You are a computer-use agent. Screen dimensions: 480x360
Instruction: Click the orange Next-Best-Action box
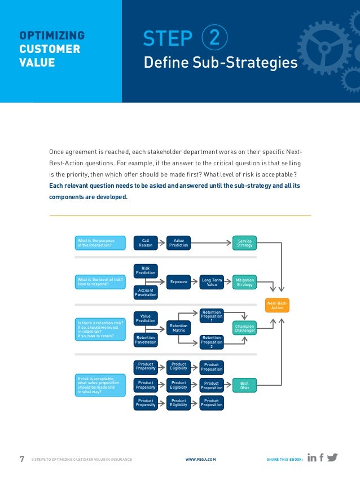point(277,305)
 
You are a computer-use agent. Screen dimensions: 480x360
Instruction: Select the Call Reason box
point(146,243)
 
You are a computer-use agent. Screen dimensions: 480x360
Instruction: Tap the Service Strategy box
point(244,243)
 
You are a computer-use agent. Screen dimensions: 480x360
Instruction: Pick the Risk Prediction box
point(146,271)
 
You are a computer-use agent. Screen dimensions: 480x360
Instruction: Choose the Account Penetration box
point(146,292)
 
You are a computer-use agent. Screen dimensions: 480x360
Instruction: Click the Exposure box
point(179,281)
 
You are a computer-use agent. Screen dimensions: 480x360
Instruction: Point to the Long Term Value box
point(212,281)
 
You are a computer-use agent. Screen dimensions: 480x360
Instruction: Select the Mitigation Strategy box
point(244,281)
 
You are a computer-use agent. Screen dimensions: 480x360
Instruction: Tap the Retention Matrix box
point(179,328)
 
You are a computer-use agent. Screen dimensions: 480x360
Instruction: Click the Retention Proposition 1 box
point(212,316)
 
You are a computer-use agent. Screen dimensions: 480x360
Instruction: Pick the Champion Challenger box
point(244,328)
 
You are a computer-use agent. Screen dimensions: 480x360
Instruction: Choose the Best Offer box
point(244,385)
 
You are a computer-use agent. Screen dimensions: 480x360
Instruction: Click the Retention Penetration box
point(146,339)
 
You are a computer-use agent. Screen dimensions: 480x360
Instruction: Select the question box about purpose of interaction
point(99,243)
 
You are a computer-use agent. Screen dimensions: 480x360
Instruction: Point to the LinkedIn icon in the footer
point(312,458)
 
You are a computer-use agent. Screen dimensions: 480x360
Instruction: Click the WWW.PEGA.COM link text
point(200,460)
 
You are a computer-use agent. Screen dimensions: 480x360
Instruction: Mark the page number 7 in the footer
point(22,459)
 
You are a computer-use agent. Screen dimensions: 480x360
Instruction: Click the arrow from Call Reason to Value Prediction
point(162,243)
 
